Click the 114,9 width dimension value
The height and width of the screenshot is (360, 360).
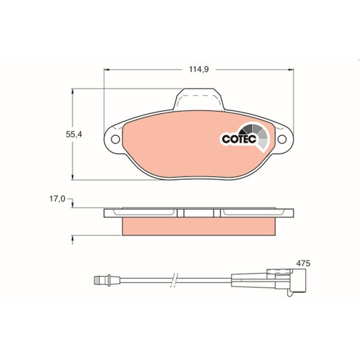[198, 70]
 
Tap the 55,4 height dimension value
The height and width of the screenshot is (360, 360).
[73, 135]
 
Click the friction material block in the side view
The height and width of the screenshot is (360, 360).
[199, 226]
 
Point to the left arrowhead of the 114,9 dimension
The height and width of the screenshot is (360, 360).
[108, 70]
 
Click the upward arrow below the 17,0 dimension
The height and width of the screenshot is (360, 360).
[73, 239]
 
